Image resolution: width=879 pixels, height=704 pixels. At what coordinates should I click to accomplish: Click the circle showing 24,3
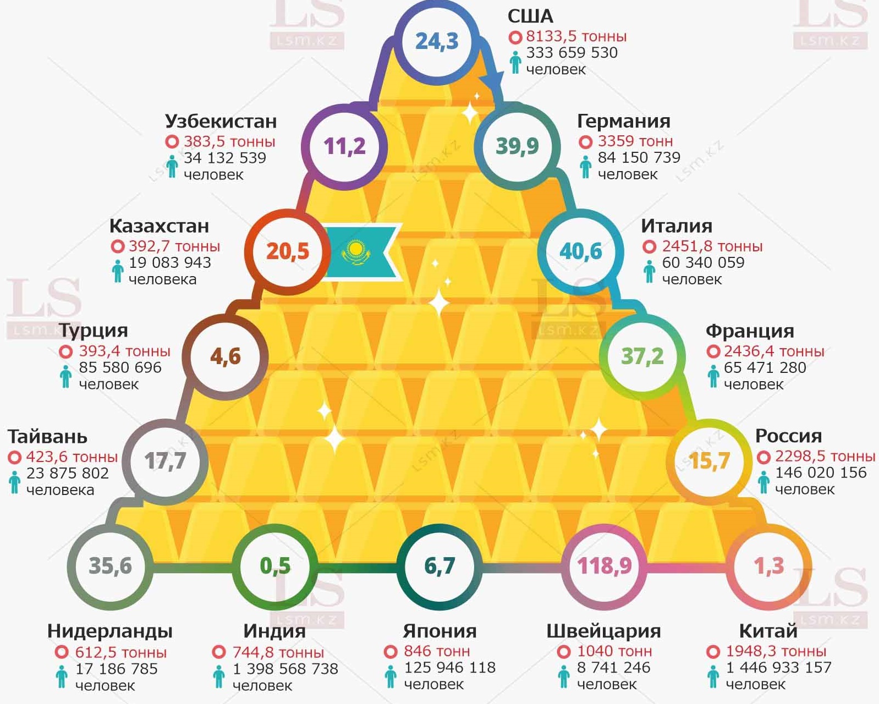click(x=437, y=41)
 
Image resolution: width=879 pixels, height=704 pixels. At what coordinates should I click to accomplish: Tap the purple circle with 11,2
click(x=344, y=146)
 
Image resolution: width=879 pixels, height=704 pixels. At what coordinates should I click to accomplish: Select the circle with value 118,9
click(x=604, y=566)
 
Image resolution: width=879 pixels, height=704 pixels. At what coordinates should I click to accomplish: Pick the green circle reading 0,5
click(x=275, y=566)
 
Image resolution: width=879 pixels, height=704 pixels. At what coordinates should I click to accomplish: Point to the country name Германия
click(x=623, y=121)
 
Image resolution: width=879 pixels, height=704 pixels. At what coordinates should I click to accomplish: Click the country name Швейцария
click(x=603, y=631)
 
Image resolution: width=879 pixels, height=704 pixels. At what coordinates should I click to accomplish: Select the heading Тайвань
click(x=47, y=436)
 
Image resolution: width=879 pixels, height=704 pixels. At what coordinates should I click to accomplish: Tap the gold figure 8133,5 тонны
click(x=576, y=36)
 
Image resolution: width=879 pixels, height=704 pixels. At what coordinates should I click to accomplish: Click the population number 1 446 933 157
click(x=778, y=668)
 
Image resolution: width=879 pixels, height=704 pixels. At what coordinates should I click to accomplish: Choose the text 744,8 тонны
click(x=278, y=652)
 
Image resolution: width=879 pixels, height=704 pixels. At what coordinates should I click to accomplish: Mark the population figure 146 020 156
click(x=821, y=472)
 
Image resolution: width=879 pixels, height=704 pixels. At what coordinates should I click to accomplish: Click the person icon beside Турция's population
click(x=66, y=376)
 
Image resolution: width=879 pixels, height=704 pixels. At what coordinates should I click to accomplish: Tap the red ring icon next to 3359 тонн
click(x=585, y=142)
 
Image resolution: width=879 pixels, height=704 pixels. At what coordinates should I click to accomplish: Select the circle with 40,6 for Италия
click(x=581, y=251)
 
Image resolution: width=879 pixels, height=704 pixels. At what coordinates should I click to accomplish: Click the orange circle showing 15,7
click(x=709, y=460)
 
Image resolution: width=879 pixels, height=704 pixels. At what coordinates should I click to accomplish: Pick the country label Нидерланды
click(x=110, y=631)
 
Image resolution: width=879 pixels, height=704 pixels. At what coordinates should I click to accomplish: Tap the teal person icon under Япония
click(x=391, y=676)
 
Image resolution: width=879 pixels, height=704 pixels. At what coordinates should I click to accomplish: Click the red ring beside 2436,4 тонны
click(x=713, y=351)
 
